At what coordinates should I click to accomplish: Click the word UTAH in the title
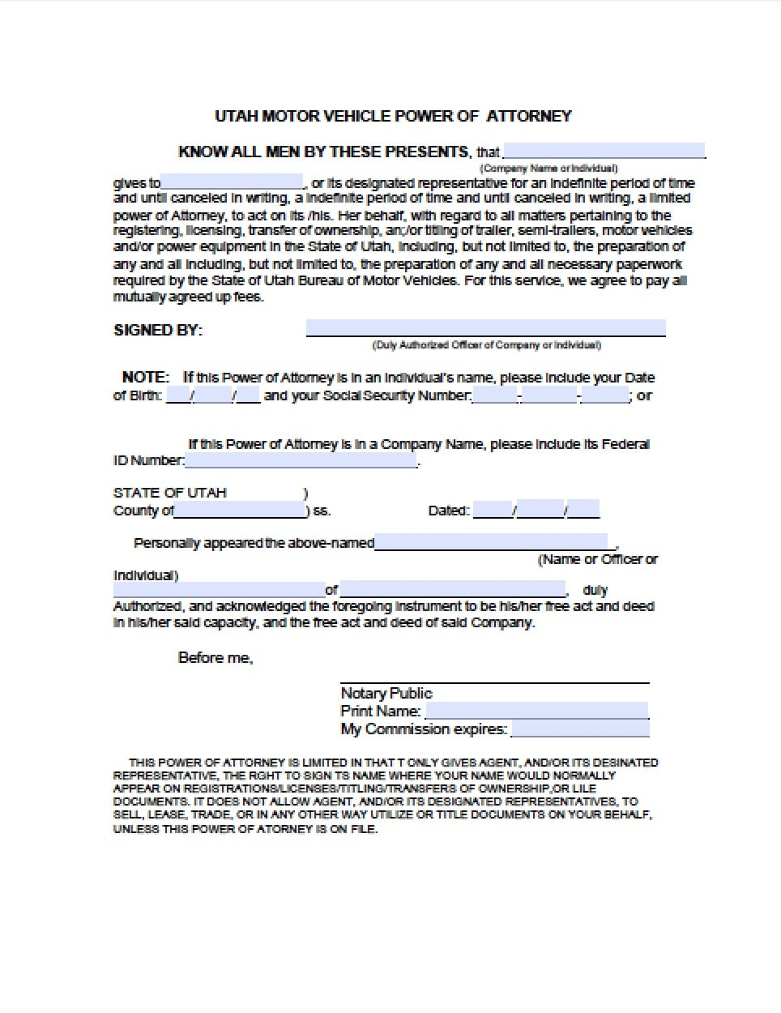236,116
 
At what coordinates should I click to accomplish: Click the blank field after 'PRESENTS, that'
604,151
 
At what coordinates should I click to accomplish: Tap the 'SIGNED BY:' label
158,330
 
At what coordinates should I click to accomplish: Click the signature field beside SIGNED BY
485,328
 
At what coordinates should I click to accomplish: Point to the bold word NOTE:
145,377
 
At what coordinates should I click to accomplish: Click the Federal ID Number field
301,460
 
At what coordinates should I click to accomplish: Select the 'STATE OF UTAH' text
170,493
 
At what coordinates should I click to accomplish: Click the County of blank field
240,511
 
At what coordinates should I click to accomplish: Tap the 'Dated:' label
449,511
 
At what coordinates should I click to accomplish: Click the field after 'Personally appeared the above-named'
491,542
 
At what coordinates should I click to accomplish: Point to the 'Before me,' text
216,658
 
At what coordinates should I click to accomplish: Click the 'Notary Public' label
386,693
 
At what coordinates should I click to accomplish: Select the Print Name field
536,711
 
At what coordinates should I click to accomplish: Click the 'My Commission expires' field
580,729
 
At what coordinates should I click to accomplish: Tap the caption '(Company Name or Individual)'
548,169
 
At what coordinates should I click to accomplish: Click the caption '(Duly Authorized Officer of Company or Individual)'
486,345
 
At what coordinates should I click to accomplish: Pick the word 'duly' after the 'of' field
595,590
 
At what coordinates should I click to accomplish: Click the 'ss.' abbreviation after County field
322,511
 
